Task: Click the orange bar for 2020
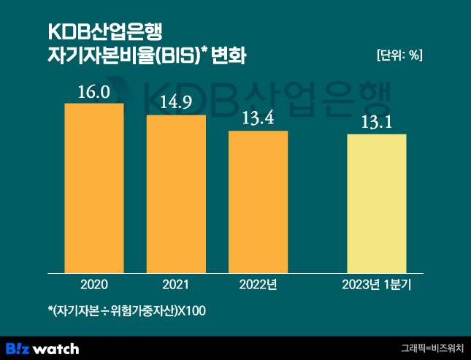tap(93, 188)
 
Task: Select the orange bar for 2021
tap(176, 194)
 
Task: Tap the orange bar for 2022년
tap(258, 202)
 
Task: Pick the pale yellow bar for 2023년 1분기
tap(376, 204)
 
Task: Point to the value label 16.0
tap(93, 93)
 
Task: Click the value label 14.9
tap(176, 103)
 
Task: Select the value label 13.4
tap(258, 119)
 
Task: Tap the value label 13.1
tap(376, 122)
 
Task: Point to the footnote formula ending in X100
tap(126, 312)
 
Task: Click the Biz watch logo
tap(42, 348)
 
